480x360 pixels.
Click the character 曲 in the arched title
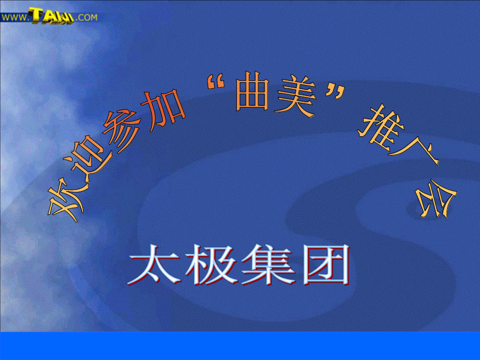coord(252,91)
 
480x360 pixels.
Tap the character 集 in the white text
coord(269,265)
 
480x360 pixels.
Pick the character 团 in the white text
coord(326,265)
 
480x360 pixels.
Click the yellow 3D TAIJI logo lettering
coord(52,16)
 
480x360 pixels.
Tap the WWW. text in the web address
coord(15,17)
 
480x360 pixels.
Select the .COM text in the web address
coord(86,17)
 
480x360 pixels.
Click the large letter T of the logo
coord(38,15)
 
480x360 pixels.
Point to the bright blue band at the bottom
coord(240,346)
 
